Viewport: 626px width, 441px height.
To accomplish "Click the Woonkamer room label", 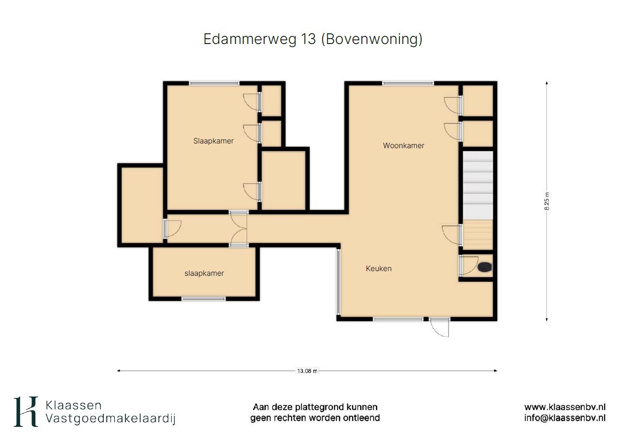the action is point(403,146).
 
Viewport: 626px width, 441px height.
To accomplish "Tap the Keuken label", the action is point(379,269).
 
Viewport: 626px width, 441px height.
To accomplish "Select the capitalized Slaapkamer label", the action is point(213,140).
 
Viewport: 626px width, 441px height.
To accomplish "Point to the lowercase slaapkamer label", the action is point(204,273).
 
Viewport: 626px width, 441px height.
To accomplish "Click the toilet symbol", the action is point(485,267).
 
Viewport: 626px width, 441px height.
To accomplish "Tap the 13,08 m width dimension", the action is point(307,371).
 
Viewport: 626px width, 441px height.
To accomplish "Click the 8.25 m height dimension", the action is point(547,201).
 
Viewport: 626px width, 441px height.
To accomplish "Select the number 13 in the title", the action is point(308,39).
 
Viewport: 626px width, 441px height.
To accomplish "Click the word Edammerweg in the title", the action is point(250,39).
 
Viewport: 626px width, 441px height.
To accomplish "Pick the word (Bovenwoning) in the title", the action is point(372,39).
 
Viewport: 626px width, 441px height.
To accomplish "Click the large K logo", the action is point(26,412).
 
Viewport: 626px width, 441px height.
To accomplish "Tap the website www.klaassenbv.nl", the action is point(565,407).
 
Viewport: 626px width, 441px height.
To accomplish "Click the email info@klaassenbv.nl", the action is point(565,418).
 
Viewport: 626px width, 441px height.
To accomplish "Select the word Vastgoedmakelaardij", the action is point(111,419).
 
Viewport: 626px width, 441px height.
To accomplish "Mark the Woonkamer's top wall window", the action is point(408,83).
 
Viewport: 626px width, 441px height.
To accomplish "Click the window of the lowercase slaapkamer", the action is point(204,299).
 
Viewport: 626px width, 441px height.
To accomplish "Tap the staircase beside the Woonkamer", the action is point(478,200).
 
